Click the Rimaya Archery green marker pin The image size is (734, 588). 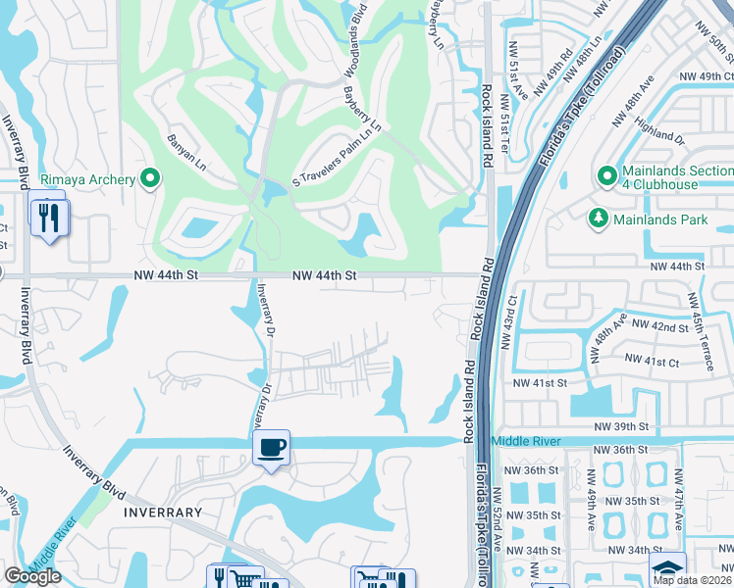pos(150,179)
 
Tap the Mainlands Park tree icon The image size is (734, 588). pos(597,220)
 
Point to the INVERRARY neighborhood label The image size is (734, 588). pos(163,513)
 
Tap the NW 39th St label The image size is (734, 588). pos(622,426)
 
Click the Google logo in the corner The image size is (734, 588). pos(32,576)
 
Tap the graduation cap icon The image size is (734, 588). pos(667,567)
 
